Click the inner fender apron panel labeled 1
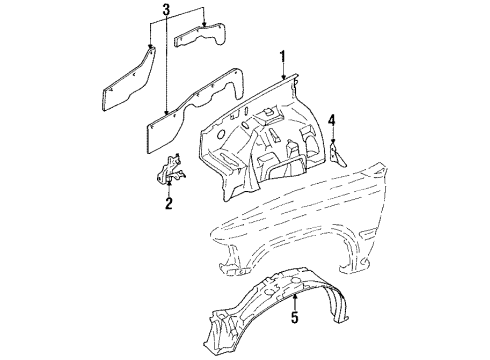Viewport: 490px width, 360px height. click(265, 140)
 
